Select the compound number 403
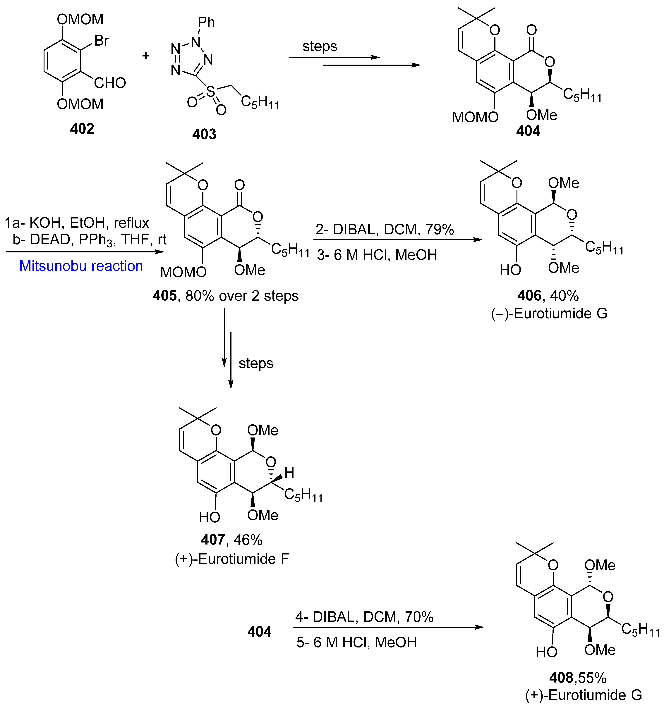tap(204, 134)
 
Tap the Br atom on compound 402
tap(102, 41)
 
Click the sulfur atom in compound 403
tap(210, 92)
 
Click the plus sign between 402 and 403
tap(146, 56)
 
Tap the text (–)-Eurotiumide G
tap(549, 313)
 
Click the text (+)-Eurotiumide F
tap(232, 559)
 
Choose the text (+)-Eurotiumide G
tap(584, 695)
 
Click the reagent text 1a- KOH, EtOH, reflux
tap(77, 223)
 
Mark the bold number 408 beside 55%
tap(561, 678)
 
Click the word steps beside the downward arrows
tap(256, 363)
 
